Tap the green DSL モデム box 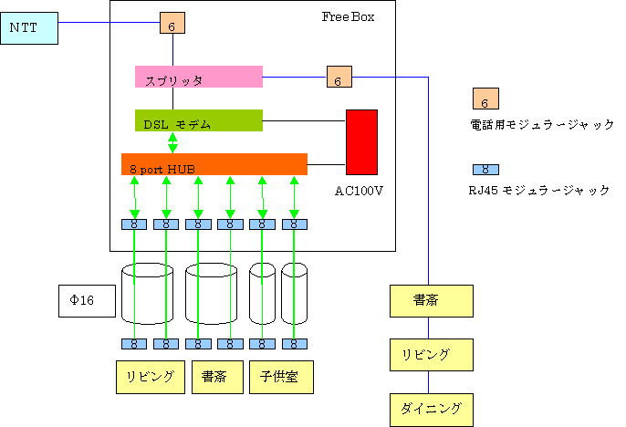point(198,120)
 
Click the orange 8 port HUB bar point(214,164)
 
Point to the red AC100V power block point(361,141)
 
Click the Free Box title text point(348,17)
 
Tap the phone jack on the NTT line point(172,24)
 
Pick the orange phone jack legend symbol point(485,99)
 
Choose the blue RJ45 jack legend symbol point(485,169)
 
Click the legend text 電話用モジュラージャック point(541,125)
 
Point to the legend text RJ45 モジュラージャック point(541,190)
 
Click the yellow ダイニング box point(431,407)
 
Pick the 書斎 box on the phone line point(431,300)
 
